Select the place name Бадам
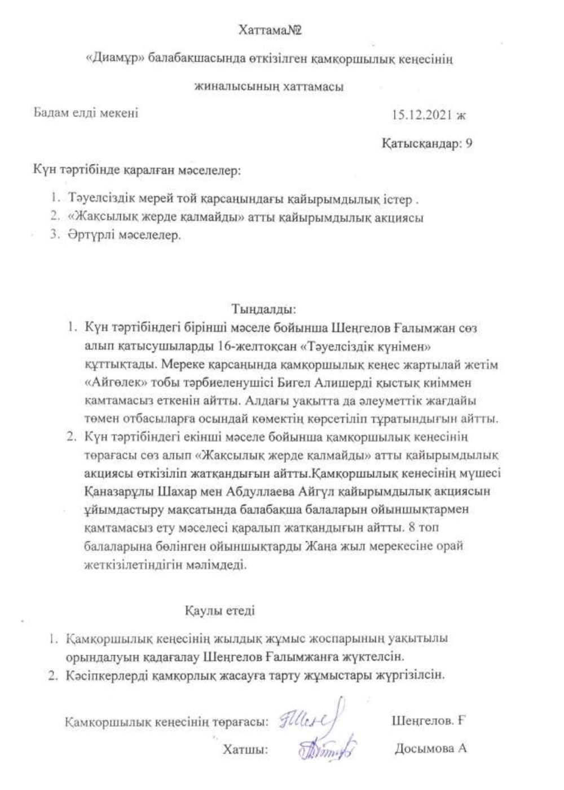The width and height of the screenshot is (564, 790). [x=49, y=113]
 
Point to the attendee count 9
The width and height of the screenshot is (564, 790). [x=469, y=143]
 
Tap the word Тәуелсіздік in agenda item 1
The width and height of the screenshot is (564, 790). [x=99, y=200]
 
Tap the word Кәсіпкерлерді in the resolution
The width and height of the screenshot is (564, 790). [x=105, y=675]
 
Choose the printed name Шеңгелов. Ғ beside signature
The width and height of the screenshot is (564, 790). [x=427, y=721]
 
